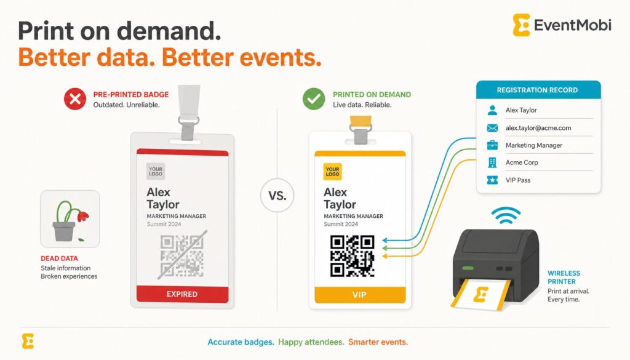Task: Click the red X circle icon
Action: (74, 99)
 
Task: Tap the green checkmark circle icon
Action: (314, 99)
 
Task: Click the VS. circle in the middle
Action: (277, 196)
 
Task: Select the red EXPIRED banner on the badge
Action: (182, 294)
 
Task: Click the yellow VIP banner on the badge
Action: (360, 295)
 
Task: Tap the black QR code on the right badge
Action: (353, 256)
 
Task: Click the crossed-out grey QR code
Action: (182, 256)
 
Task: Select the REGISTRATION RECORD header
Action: (538, 90)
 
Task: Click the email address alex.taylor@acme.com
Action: (538, 128)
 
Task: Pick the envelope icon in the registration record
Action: (492, 128)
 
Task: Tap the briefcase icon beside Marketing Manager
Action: (492, 145)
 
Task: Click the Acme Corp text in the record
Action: (522, 162)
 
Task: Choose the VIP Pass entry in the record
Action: (518, 180)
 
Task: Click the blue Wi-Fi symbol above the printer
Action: (506, 216)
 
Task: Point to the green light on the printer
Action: (468, 268)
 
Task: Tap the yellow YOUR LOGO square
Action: (333, 172)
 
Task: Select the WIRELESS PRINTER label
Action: (564, 278)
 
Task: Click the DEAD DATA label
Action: (60, 258)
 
